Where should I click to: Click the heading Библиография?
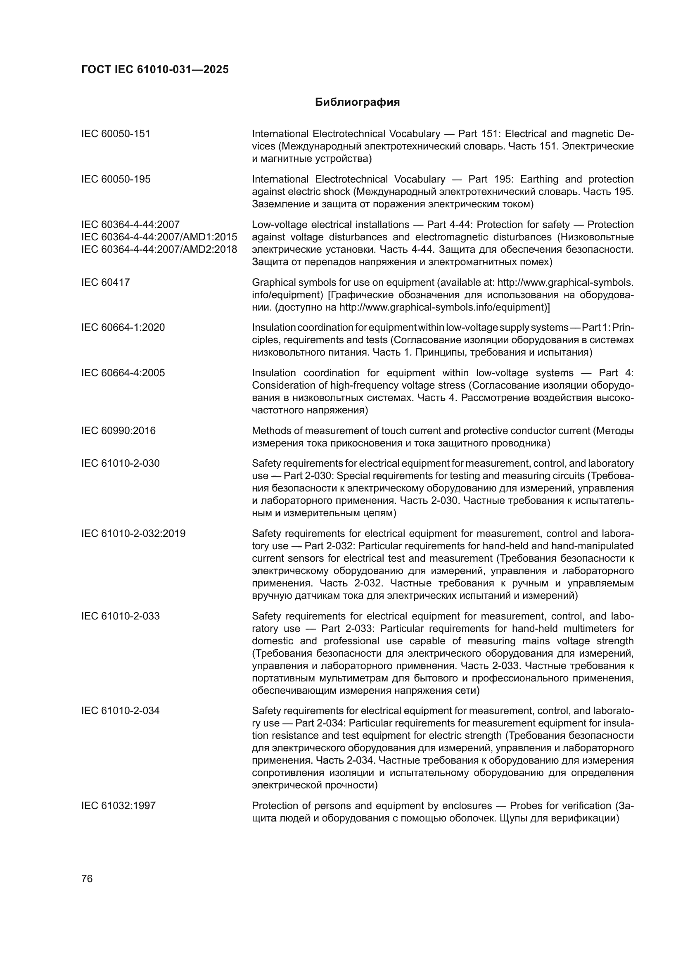pos(357,102)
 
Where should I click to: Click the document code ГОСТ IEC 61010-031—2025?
pos(155,69)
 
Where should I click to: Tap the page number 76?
pos(87,878)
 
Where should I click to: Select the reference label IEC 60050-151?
pos(116,134)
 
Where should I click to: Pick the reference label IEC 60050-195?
pos(116,179)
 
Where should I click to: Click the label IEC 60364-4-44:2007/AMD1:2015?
pos(159,237)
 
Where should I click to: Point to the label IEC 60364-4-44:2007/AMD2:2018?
pos(159,249)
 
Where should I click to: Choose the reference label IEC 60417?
pos(106,282)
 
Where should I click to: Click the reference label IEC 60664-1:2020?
pos(123,328)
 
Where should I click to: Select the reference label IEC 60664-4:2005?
pos(123,373)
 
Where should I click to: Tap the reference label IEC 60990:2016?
pos(118,431)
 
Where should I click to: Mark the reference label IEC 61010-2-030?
pos(120,463)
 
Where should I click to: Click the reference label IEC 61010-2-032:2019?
pos(133,534)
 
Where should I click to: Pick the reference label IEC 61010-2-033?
pos(120,616)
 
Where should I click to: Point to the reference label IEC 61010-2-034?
pos(120,711)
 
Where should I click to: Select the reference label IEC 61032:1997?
pos(118,806)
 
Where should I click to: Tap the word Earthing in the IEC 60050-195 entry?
pos(539,179)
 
